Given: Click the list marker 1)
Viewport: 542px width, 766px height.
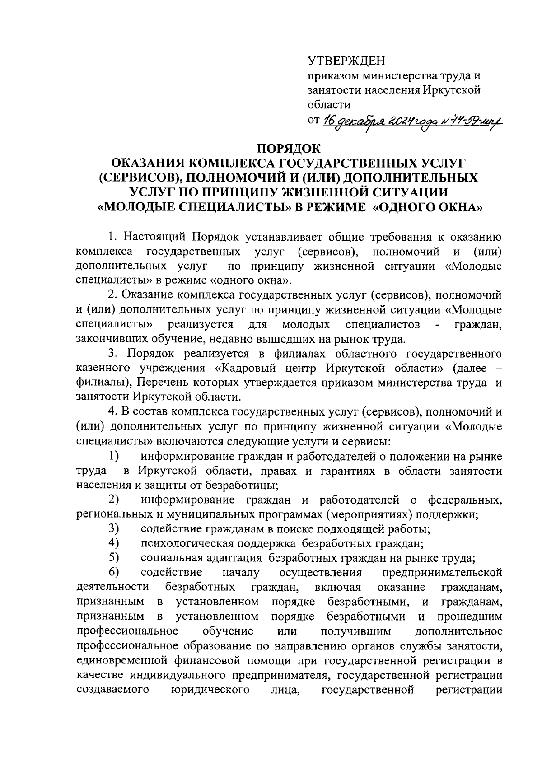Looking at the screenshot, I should [x=114, y=457].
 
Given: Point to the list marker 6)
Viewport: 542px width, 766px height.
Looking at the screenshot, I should [x=114, y=572].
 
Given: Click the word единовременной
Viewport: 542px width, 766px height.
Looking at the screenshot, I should [x=121, y=661].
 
